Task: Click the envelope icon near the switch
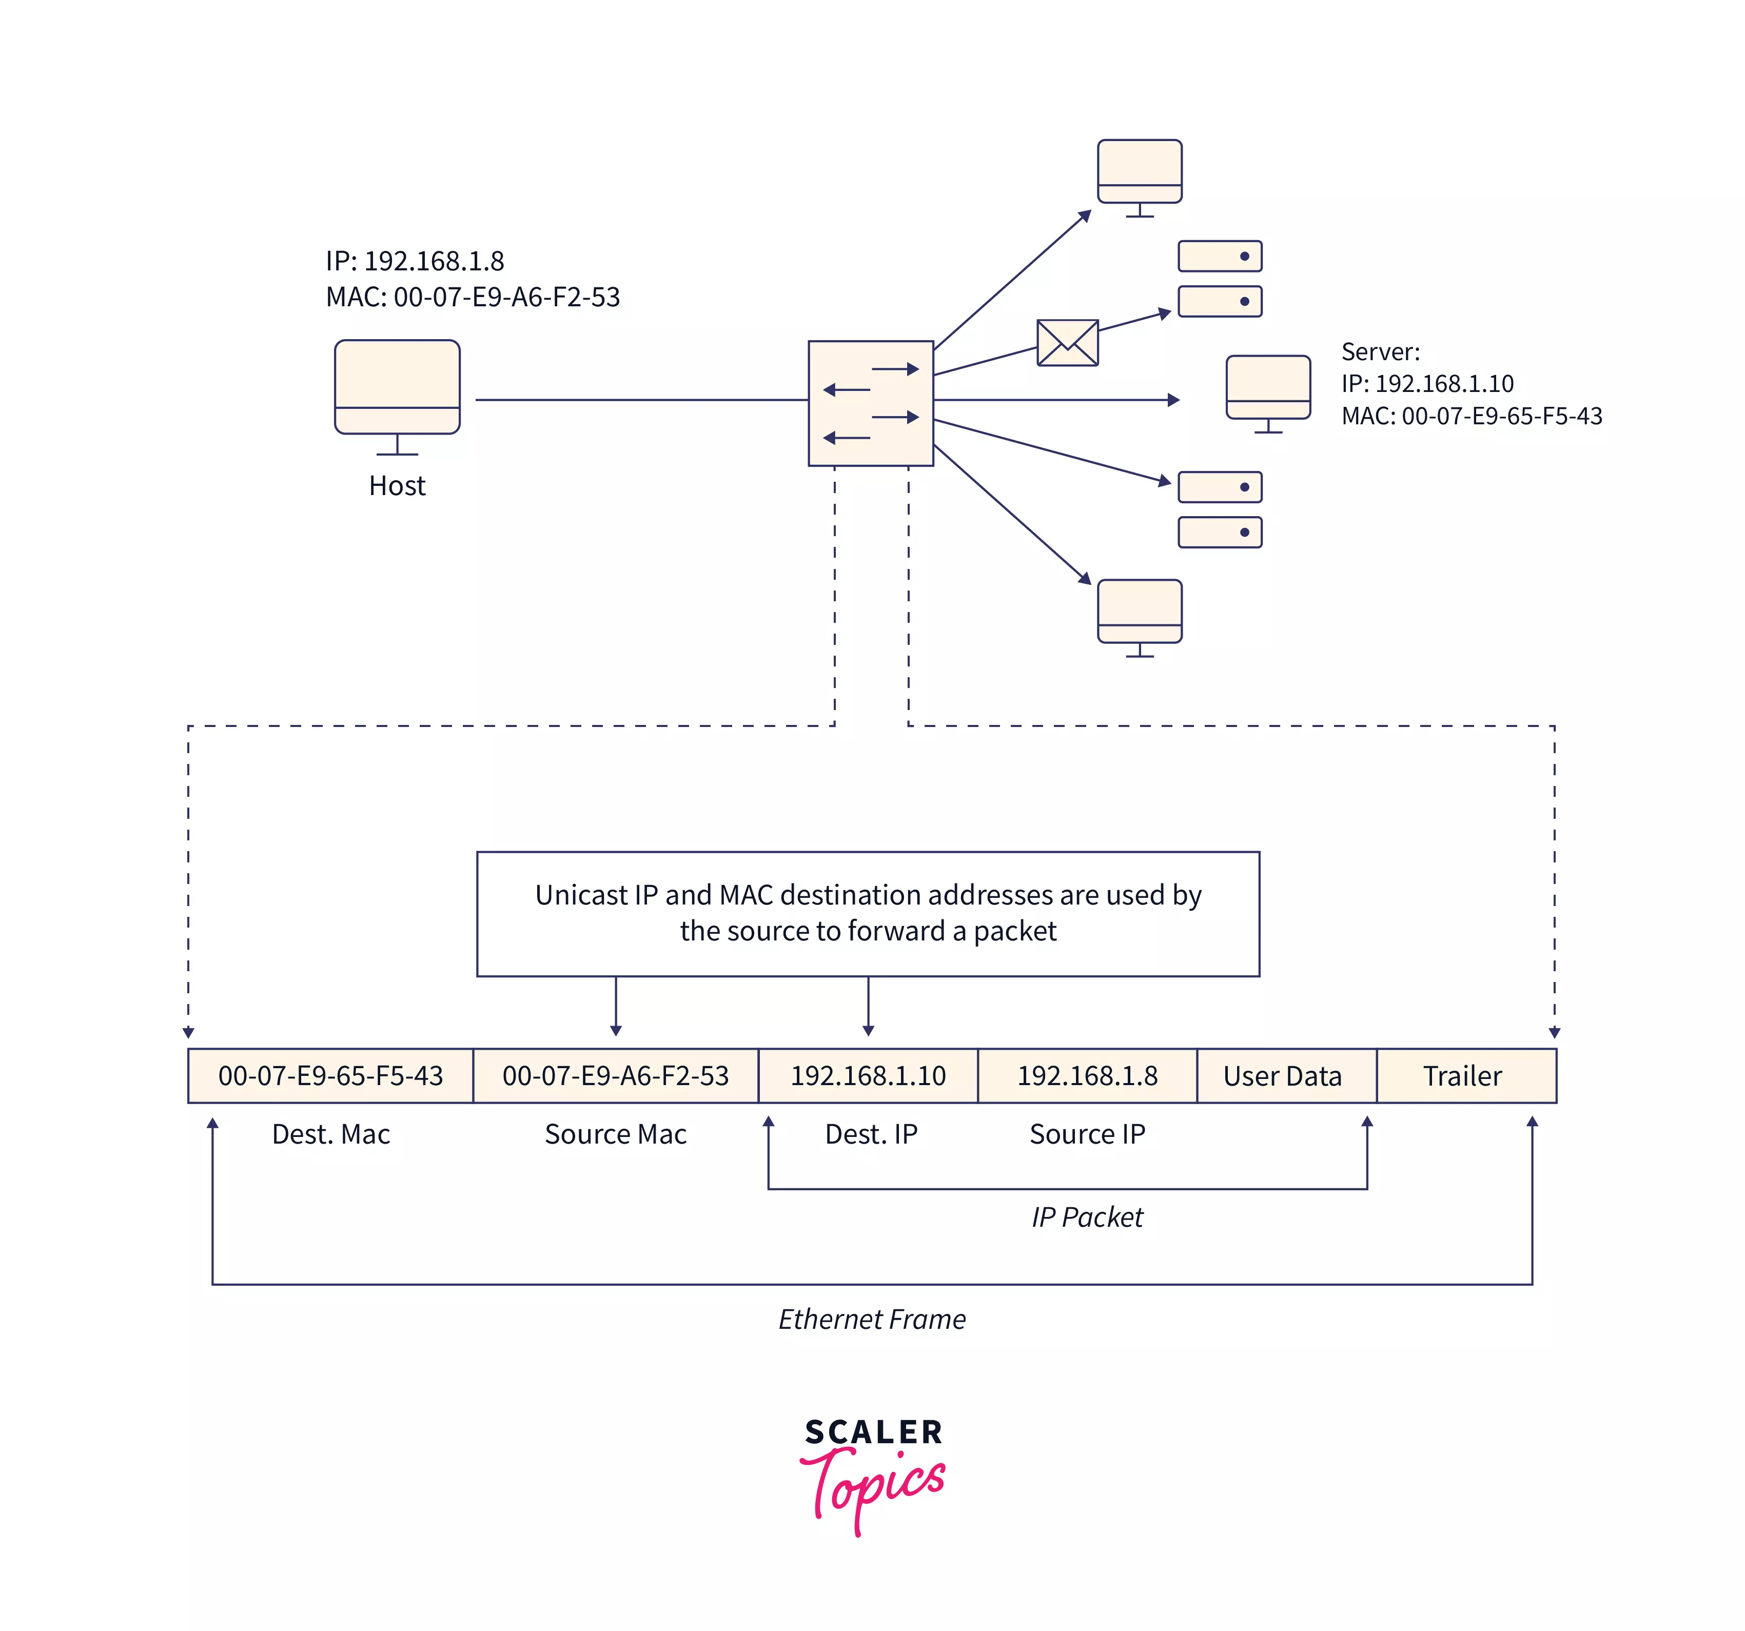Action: coord(1067,342)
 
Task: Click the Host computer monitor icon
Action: coord(398,397)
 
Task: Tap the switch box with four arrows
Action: coord(871,403)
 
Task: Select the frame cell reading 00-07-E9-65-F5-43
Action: coord(331,1075)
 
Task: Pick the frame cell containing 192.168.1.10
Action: coord(868,1075)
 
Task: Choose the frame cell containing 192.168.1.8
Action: coord(1088,1075)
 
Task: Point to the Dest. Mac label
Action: coord(331,1134)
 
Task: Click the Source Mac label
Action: coord(615,1134)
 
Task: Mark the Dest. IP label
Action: coord(871,1134)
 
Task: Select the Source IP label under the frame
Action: coord(1088,1134)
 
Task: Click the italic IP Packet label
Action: coord(1088,1216)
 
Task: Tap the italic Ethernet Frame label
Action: coord(872,1319)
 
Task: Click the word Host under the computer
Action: coord(397,485)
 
